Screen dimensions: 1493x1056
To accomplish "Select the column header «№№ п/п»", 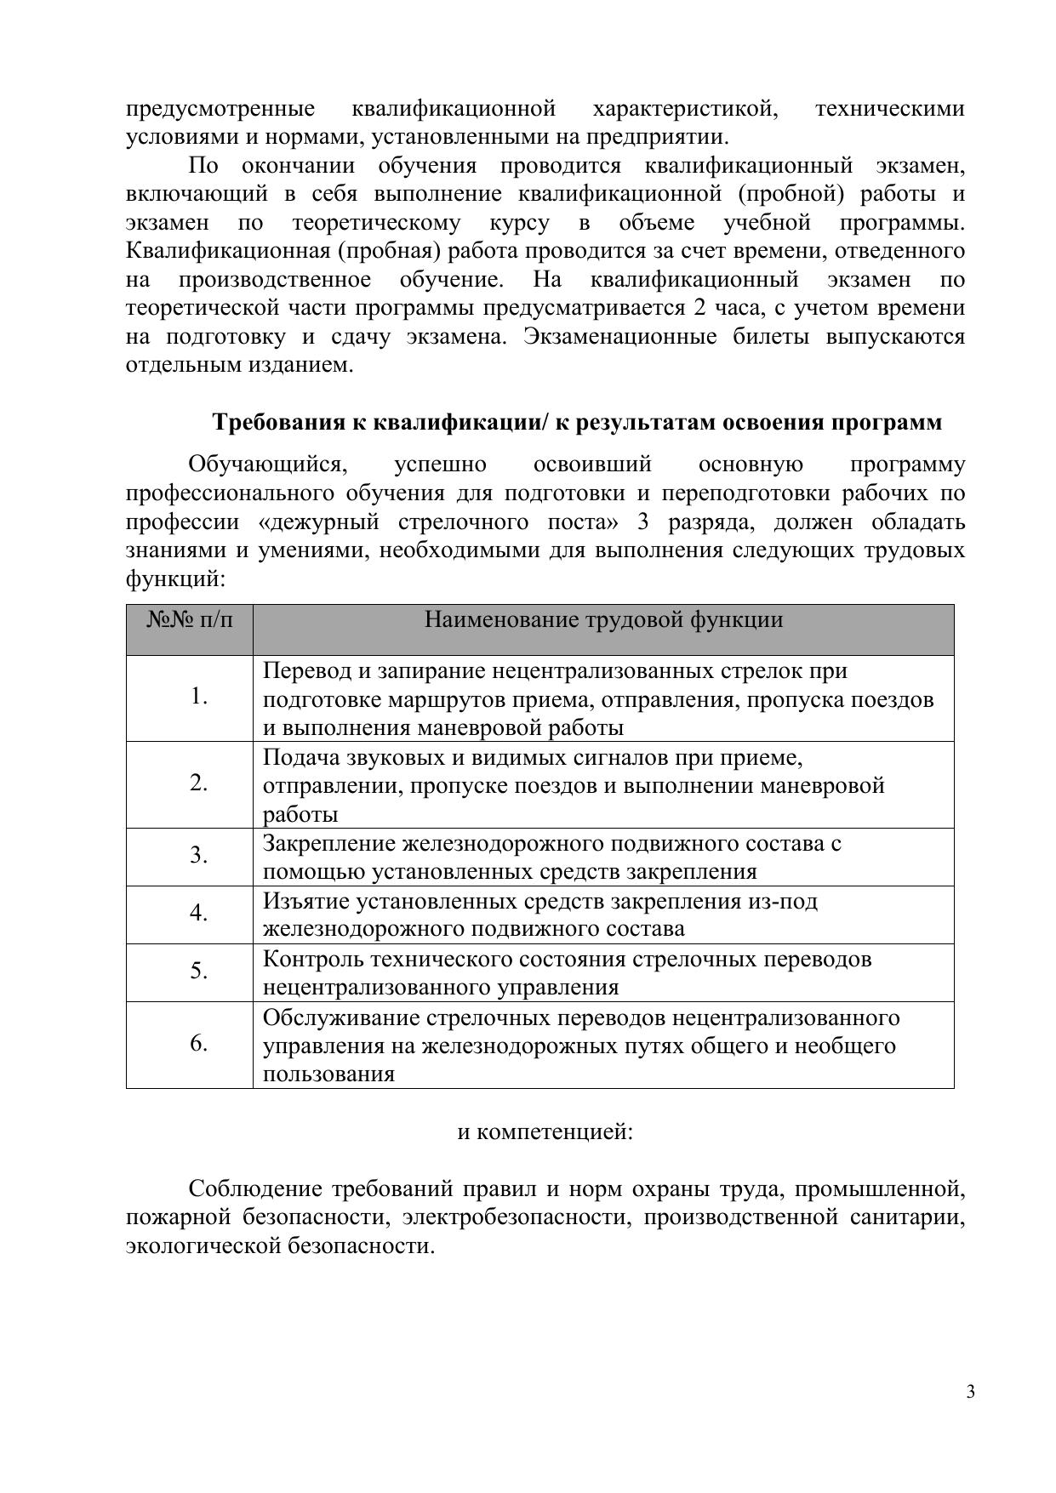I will click(189, 620).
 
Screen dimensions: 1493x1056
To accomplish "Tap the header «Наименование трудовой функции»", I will click(603, 619).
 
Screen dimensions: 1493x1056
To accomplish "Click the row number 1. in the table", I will click(199, 697).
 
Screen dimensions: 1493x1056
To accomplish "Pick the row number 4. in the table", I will click(199, 914).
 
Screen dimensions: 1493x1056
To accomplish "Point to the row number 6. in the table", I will click(199, 1044).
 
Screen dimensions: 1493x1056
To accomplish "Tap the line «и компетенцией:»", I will click(545, 1132).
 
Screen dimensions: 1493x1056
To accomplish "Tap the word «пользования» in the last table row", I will click(328, 1074).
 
